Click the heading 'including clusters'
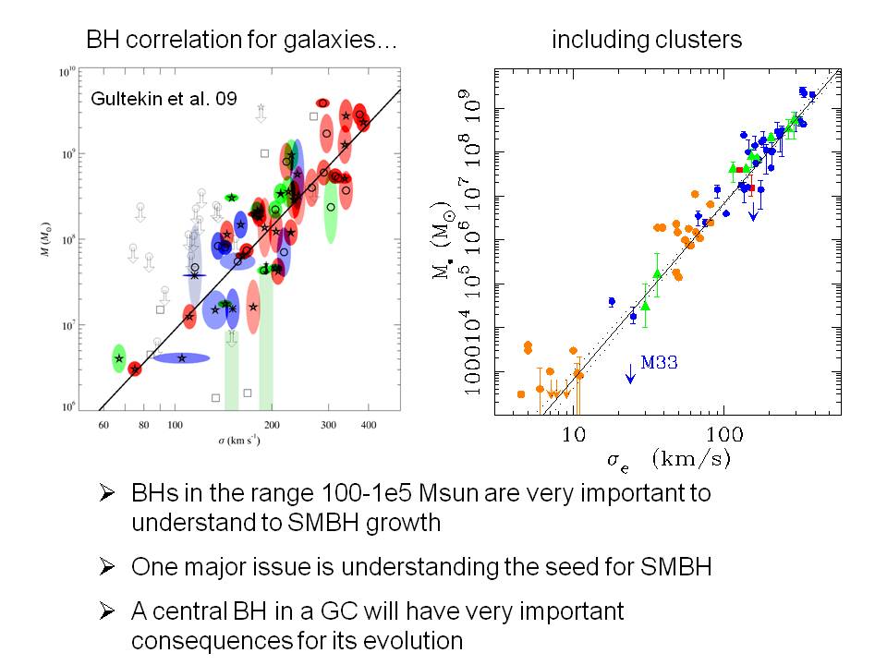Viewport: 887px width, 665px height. click(647, 40)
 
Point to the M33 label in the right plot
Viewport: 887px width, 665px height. click(659, 363)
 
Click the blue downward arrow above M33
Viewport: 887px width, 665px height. click(630, 371)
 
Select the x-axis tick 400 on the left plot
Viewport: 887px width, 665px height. click(368, 425)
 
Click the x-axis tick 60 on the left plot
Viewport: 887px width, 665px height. click(103, 425)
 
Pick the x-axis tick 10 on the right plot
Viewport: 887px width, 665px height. click(574, 434)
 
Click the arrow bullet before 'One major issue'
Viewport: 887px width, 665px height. click(107, 566)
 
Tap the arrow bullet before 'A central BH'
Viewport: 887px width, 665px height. click(107, 611)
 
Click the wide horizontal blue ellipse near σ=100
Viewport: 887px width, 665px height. click(181, 357)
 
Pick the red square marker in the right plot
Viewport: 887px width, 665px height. click(739, 169)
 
